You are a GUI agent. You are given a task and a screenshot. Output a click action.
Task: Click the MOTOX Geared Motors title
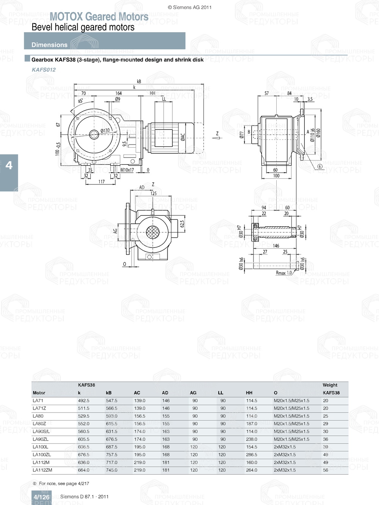(x=99, y=17)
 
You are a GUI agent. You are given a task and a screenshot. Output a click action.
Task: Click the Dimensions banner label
(x=49, y=45)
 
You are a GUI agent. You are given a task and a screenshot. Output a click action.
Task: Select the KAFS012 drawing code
(x=44, y=70)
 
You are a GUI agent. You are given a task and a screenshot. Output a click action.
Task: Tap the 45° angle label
(x=81, y=101)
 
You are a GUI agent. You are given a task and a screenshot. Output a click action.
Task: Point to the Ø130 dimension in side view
(x=105, y=131)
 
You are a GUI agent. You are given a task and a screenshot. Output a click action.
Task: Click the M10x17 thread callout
(x=127, y=170)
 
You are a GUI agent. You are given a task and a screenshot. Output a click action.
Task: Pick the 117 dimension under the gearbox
(x=102, y=182)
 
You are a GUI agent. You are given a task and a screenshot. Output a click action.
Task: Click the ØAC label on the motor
(x=183, y=137)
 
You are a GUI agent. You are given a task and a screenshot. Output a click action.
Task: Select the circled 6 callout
(x=319, y=167)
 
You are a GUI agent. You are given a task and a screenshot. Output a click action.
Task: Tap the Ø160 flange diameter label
(x=318, y=133)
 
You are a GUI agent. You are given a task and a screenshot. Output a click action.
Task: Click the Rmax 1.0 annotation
(x=283, y=273)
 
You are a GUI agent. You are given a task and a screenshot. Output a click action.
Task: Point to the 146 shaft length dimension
(x=276, y=246)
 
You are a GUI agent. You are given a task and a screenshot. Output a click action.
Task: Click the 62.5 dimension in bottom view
(x=182, y=224)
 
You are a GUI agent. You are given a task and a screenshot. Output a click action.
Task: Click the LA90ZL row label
(x=41, y=439)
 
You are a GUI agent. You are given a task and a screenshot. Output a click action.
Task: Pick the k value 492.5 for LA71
(x=84, y=401)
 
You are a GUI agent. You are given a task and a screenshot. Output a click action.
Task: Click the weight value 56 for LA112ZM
(x=326, y=470)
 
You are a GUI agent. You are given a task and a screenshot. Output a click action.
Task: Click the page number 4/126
(x=41, y=497)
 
